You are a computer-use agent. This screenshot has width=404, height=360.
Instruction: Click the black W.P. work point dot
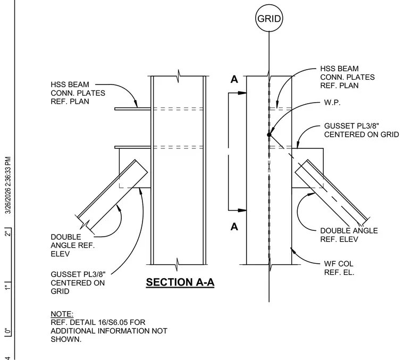pyautogui.click(x=270, y=135)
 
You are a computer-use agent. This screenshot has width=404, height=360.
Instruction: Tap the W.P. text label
pyautogui.click(x=332, y=103)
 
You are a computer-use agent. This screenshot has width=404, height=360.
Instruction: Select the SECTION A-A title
pyautogui.click(x=180, y=282)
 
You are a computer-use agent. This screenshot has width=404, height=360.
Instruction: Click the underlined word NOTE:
pyautogui.click(x=62, y=314)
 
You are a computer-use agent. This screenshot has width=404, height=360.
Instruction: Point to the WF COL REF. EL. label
pyautogui.click(x=339, y=268)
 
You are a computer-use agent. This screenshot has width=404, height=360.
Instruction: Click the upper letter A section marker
pyautogui.click(x=234, y=79)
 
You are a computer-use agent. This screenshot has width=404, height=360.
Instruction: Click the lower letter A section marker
pyautogui.click(x=234, y=227)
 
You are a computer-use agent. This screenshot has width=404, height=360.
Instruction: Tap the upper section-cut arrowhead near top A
pyautogui.click(x=242, y=93)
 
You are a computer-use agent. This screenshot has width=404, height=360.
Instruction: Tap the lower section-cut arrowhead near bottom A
pyautogui.click(x=242, y=210)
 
